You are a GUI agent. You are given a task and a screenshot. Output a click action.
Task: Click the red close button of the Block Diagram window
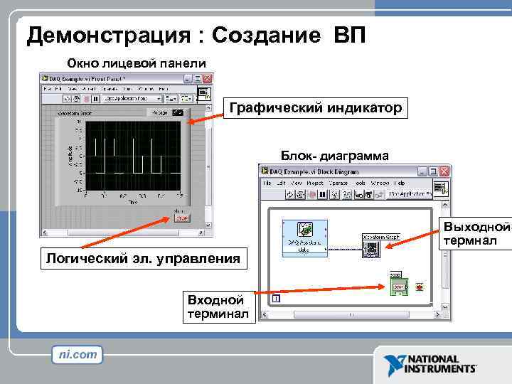444,171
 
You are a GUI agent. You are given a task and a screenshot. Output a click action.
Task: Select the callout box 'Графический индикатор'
316,108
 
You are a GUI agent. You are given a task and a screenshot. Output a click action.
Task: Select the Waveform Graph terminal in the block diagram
370,247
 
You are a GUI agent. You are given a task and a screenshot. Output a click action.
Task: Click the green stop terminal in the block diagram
398,287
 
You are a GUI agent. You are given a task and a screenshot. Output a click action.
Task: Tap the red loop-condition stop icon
420,288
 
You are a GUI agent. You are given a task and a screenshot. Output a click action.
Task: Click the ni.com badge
78,354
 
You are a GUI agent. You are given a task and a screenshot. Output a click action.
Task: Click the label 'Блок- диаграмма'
334,155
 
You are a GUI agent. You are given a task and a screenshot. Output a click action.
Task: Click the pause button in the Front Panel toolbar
95,99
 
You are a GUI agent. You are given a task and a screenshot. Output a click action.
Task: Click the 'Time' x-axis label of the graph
132,203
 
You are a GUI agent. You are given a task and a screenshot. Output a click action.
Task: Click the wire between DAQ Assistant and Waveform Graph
345,247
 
